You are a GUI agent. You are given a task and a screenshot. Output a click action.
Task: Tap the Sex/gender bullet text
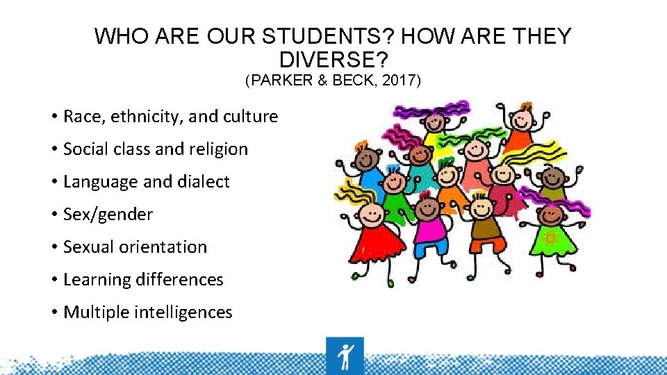108,215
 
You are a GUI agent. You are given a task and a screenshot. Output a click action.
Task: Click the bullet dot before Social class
53,149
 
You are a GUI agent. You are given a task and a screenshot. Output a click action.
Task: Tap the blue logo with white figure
344,355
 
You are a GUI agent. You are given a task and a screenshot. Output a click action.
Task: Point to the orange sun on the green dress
550,238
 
